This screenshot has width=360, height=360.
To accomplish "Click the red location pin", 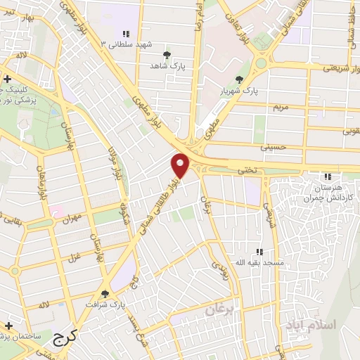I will [181, 166].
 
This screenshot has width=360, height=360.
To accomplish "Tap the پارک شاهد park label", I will [166, 65].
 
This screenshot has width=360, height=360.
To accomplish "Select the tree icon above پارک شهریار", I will [240, 79].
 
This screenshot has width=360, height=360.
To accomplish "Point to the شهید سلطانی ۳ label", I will [127, 45].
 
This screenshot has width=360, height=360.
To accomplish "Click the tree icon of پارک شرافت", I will [105, 295].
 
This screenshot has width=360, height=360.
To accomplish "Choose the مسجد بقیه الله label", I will [259, 262].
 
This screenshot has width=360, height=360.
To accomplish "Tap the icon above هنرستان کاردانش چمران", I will [326, 175].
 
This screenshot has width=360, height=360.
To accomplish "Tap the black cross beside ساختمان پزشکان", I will [8, 326].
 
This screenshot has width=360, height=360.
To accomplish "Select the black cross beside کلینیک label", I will [8, 79].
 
